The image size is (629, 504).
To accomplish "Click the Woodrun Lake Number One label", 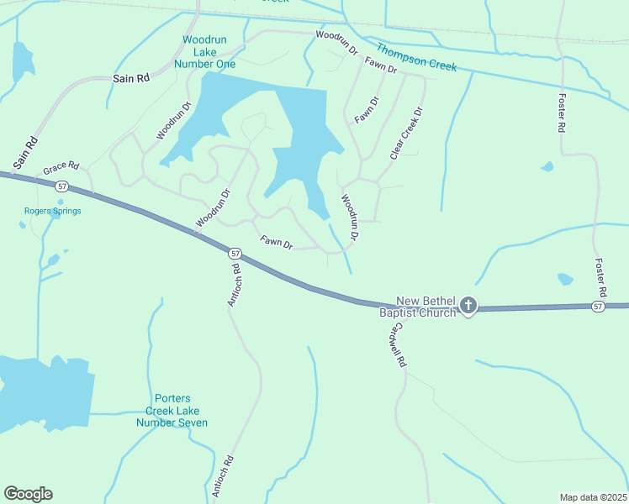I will coord(203,52).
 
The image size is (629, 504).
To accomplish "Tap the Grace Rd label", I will coord(61,166).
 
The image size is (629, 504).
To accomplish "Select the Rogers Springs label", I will coord(52,211).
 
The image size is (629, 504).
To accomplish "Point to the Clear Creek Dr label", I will coord(405,133).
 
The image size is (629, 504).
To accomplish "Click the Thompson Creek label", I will coord(416,57).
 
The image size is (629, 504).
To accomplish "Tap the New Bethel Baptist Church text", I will coord(418,307).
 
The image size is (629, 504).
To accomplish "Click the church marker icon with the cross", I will coord(468,307).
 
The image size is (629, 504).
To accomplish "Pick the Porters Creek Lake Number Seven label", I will coord(172,411).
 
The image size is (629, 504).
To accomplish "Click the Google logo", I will coord(28,494).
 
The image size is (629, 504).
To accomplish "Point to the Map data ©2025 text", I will coord(593,496).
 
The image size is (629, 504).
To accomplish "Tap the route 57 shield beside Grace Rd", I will coord(61,185).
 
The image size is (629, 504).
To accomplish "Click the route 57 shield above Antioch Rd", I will coord(235,253).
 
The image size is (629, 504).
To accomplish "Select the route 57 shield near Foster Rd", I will coord(598,307).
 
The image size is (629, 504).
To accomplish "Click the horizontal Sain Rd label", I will coord(131,78).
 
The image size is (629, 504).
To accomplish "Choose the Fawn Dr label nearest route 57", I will coord(276,243).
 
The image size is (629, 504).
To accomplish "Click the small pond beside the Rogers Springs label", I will coord(23,224).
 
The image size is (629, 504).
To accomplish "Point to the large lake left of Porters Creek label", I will coord(46,393).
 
